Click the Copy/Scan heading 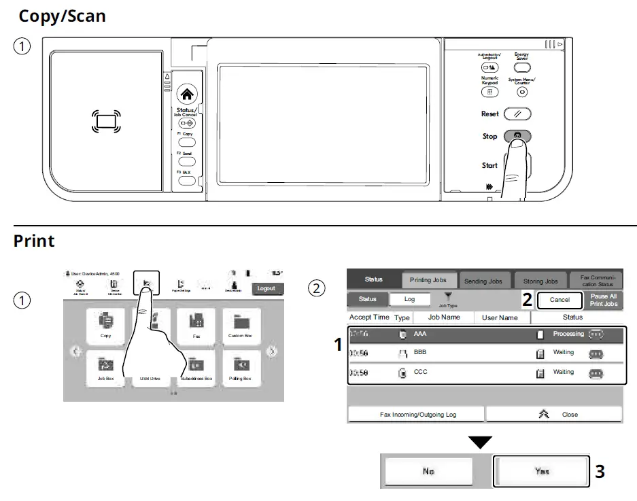(x=62, y=16)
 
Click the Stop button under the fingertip (x=517, y=136)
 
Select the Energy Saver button (x=522, y=67)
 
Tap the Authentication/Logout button (x=489, y=67)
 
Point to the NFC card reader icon (x=106, y=122)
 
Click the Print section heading (x=34, y=241)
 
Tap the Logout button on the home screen (x=266, y=288)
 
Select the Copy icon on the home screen (x=105, y=325)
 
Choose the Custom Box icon (x=240, y=325)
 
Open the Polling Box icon (x=240, y=368)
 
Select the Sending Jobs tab (x=483, y=281)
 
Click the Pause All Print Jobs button (x=604, y=300)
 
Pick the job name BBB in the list (x=420, y=352)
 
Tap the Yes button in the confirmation (x=540, y=470)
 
